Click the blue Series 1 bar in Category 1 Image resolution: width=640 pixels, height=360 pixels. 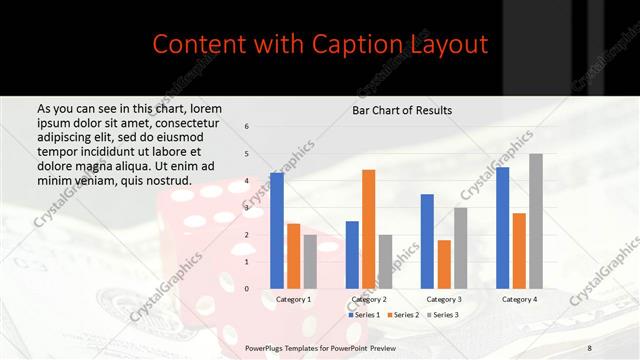click(x=277, y=230)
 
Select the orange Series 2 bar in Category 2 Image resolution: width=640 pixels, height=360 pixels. click(x=368, y=229)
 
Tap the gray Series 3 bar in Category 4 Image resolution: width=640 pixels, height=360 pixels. click(x=536, y=221)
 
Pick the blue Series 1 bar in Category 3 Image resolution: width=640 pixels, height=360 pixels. click(x=427, y=241)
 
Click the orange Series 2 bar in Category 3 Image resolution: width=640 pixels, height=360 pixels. click(x=444, y=264)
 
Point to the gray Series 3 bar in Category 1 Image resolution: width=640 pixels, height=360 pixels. click(x=310, y=261)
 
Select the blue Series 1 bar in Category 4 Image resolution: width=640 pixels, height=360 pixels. click(x=502, y=227)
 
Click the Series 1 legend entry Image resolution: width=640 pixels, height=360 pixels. click(x=363, y=315)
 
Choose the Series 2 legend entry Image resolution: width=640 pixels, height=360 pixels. click(x=403, y=315)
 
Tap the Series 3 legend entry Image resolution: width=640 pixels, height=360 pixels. click(x=443, y=315)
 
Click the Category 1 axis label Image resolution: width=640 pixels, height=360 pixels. click(x=293, y=299)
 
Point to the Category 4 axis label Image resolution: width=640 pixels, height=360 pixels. click(x=519, y=299)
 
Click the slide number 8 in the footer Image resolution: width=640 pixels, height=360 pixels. click(x=590, y=346)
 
